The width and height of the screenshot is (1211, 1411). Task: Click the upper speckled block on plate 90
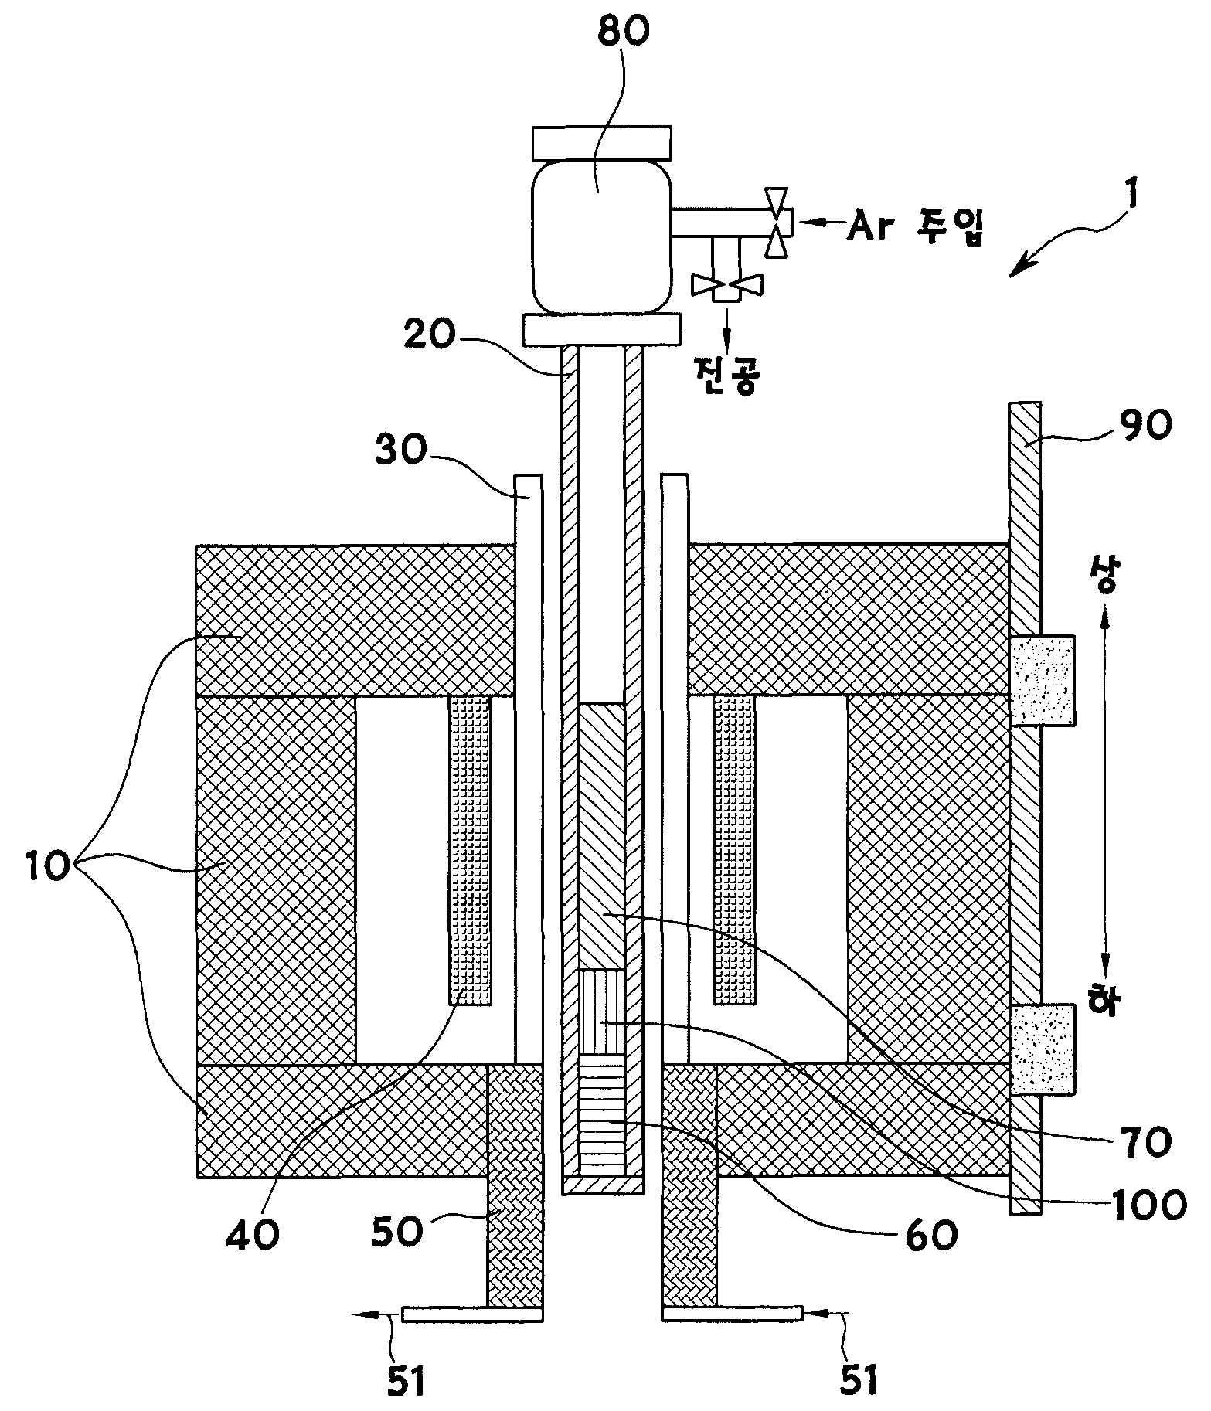[1042, 680]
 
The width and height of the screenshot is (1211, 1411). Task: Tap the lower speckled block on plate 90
[1042, 1049]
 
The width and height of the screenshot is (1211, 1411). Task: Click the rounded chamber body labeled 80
[600, 234]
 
